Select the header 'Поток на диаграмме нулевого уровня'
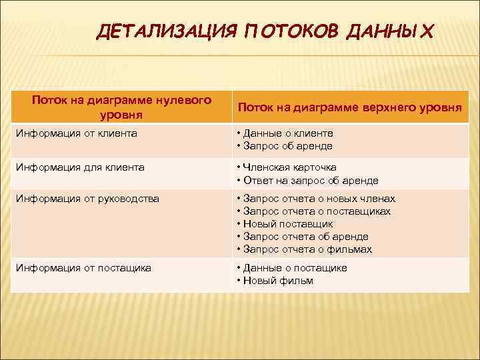click(x=121, y=107)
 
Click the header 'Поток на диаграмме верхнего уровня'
click(x=350, y=107)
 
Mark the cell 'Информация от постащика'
click(x=84, y=267)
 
